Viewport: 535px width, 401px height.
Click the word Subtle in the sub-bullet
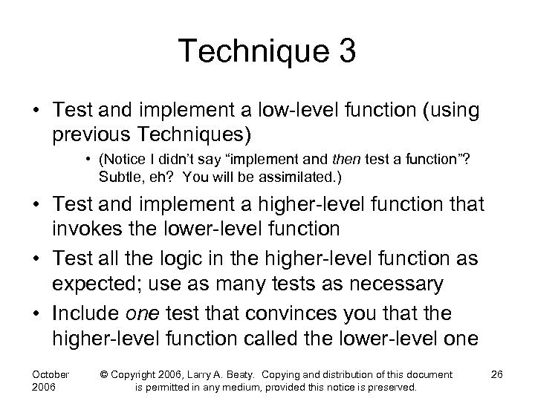click(120, 178)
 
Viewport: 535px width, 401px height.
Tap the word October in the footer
click(51, 374)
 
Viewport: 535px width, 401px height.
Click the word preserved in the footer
click(393, 388)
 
